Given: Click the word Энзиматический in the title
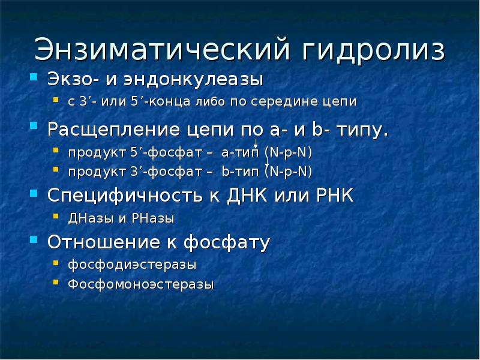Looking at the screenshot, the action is [162, 49].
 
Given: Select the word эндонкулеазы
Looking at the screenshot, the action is [193, 80].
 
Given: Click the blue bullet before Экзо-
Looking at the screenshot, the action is [34, 77].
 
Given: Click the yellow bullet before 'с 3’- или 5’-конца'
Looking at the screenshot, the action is [56, 100].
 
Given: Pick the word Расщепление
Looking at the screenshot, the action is [114, 130].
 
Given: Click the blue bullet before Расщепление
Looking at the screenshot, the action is [34, 126].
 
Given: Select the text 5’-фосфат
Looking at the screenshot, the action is [166, 152].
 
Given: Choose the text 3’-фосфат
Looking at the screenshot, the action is [166, 171].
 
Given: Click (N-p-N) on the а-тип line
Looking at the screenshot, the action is [289, 152].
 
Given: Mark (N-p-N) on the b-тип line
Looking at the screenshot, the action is [289, 171].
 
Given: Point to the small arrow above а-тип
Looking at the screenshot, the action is [256, 143].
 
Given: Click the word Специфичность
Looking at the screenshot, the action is [125, 196].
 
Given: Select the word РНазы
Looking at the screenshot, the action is [153, 218].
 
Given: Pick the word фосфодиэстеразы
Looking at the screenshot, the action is [132, 265].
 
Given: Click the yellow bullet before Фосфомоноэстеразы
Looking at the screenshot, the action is [56, 282].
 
